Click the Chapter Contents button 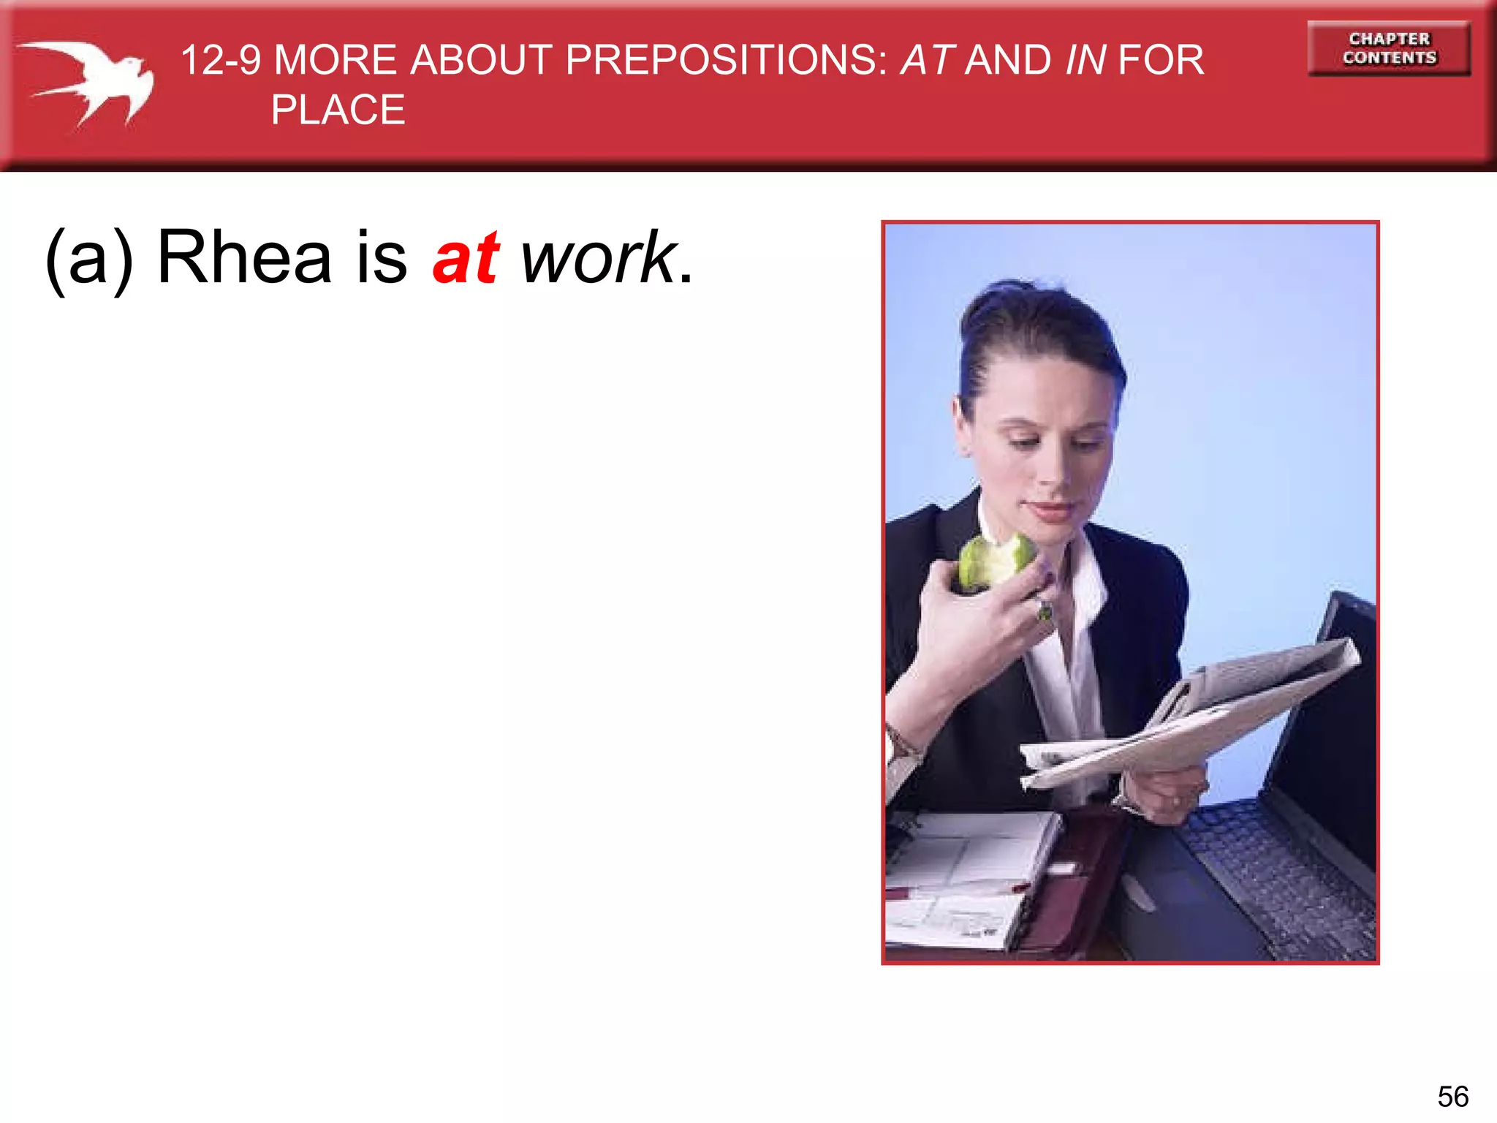click(x=1388, y=48)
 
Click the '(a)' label click(x=89, y=259)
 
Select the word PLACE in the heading click(x=338, y=110)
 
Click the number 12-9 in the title click(x=220, y=60)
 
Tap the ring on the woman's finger click(x=1045, y=610)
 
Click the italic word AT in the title click(x=927, y=60)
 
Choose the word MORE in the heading click(x=335, y=60)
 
